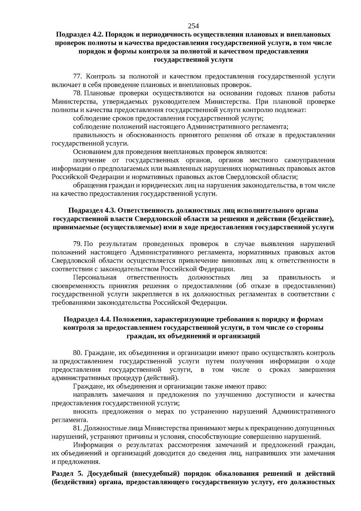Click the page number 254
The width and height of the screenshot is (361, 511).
(193, 26)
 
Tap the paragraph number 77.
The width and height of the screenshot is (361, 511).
(77, 76)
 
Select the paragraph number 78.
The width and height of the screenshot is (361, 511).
(77, 93)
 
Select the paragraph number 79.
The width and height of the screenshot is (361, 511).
(77, 244)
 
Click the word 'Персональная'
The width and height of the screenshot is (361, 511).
(94, 277)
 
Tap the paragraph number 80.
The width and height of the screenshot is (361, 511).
(77, 353)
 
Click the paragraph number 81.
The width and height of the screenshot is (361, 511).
(77, 428)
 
